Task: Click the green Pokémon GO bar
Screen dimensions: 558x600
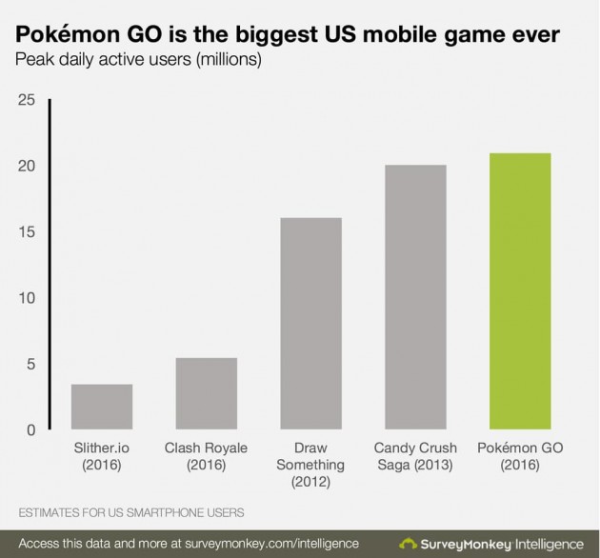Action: tap(519, 291)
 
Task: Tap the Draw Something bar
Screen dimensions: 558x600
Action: tap(310, 324)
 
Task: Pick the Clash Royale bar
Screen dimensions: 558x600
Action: tap(206, 394)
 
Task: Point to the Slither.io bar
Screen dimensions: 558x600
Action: tap(102, 407)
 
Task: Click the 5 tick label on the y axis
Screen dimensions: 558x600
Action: tap(30, 364)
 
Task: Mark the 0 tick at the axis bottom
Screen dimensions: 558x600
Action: tap(30, 430)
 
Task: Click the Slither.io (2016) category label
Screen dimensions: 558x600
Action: tap(102, 456)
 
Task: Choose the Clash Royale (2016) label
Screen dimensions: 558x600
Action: tap(206, 456)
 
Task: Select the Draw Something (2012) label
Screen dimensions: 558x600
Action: tap(310, 465)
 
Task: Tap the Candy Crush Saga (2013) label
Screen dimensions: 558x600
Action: tap(414, 456)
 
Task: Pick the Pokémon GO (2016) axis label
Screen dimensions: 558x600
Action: tap(519, 456)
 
